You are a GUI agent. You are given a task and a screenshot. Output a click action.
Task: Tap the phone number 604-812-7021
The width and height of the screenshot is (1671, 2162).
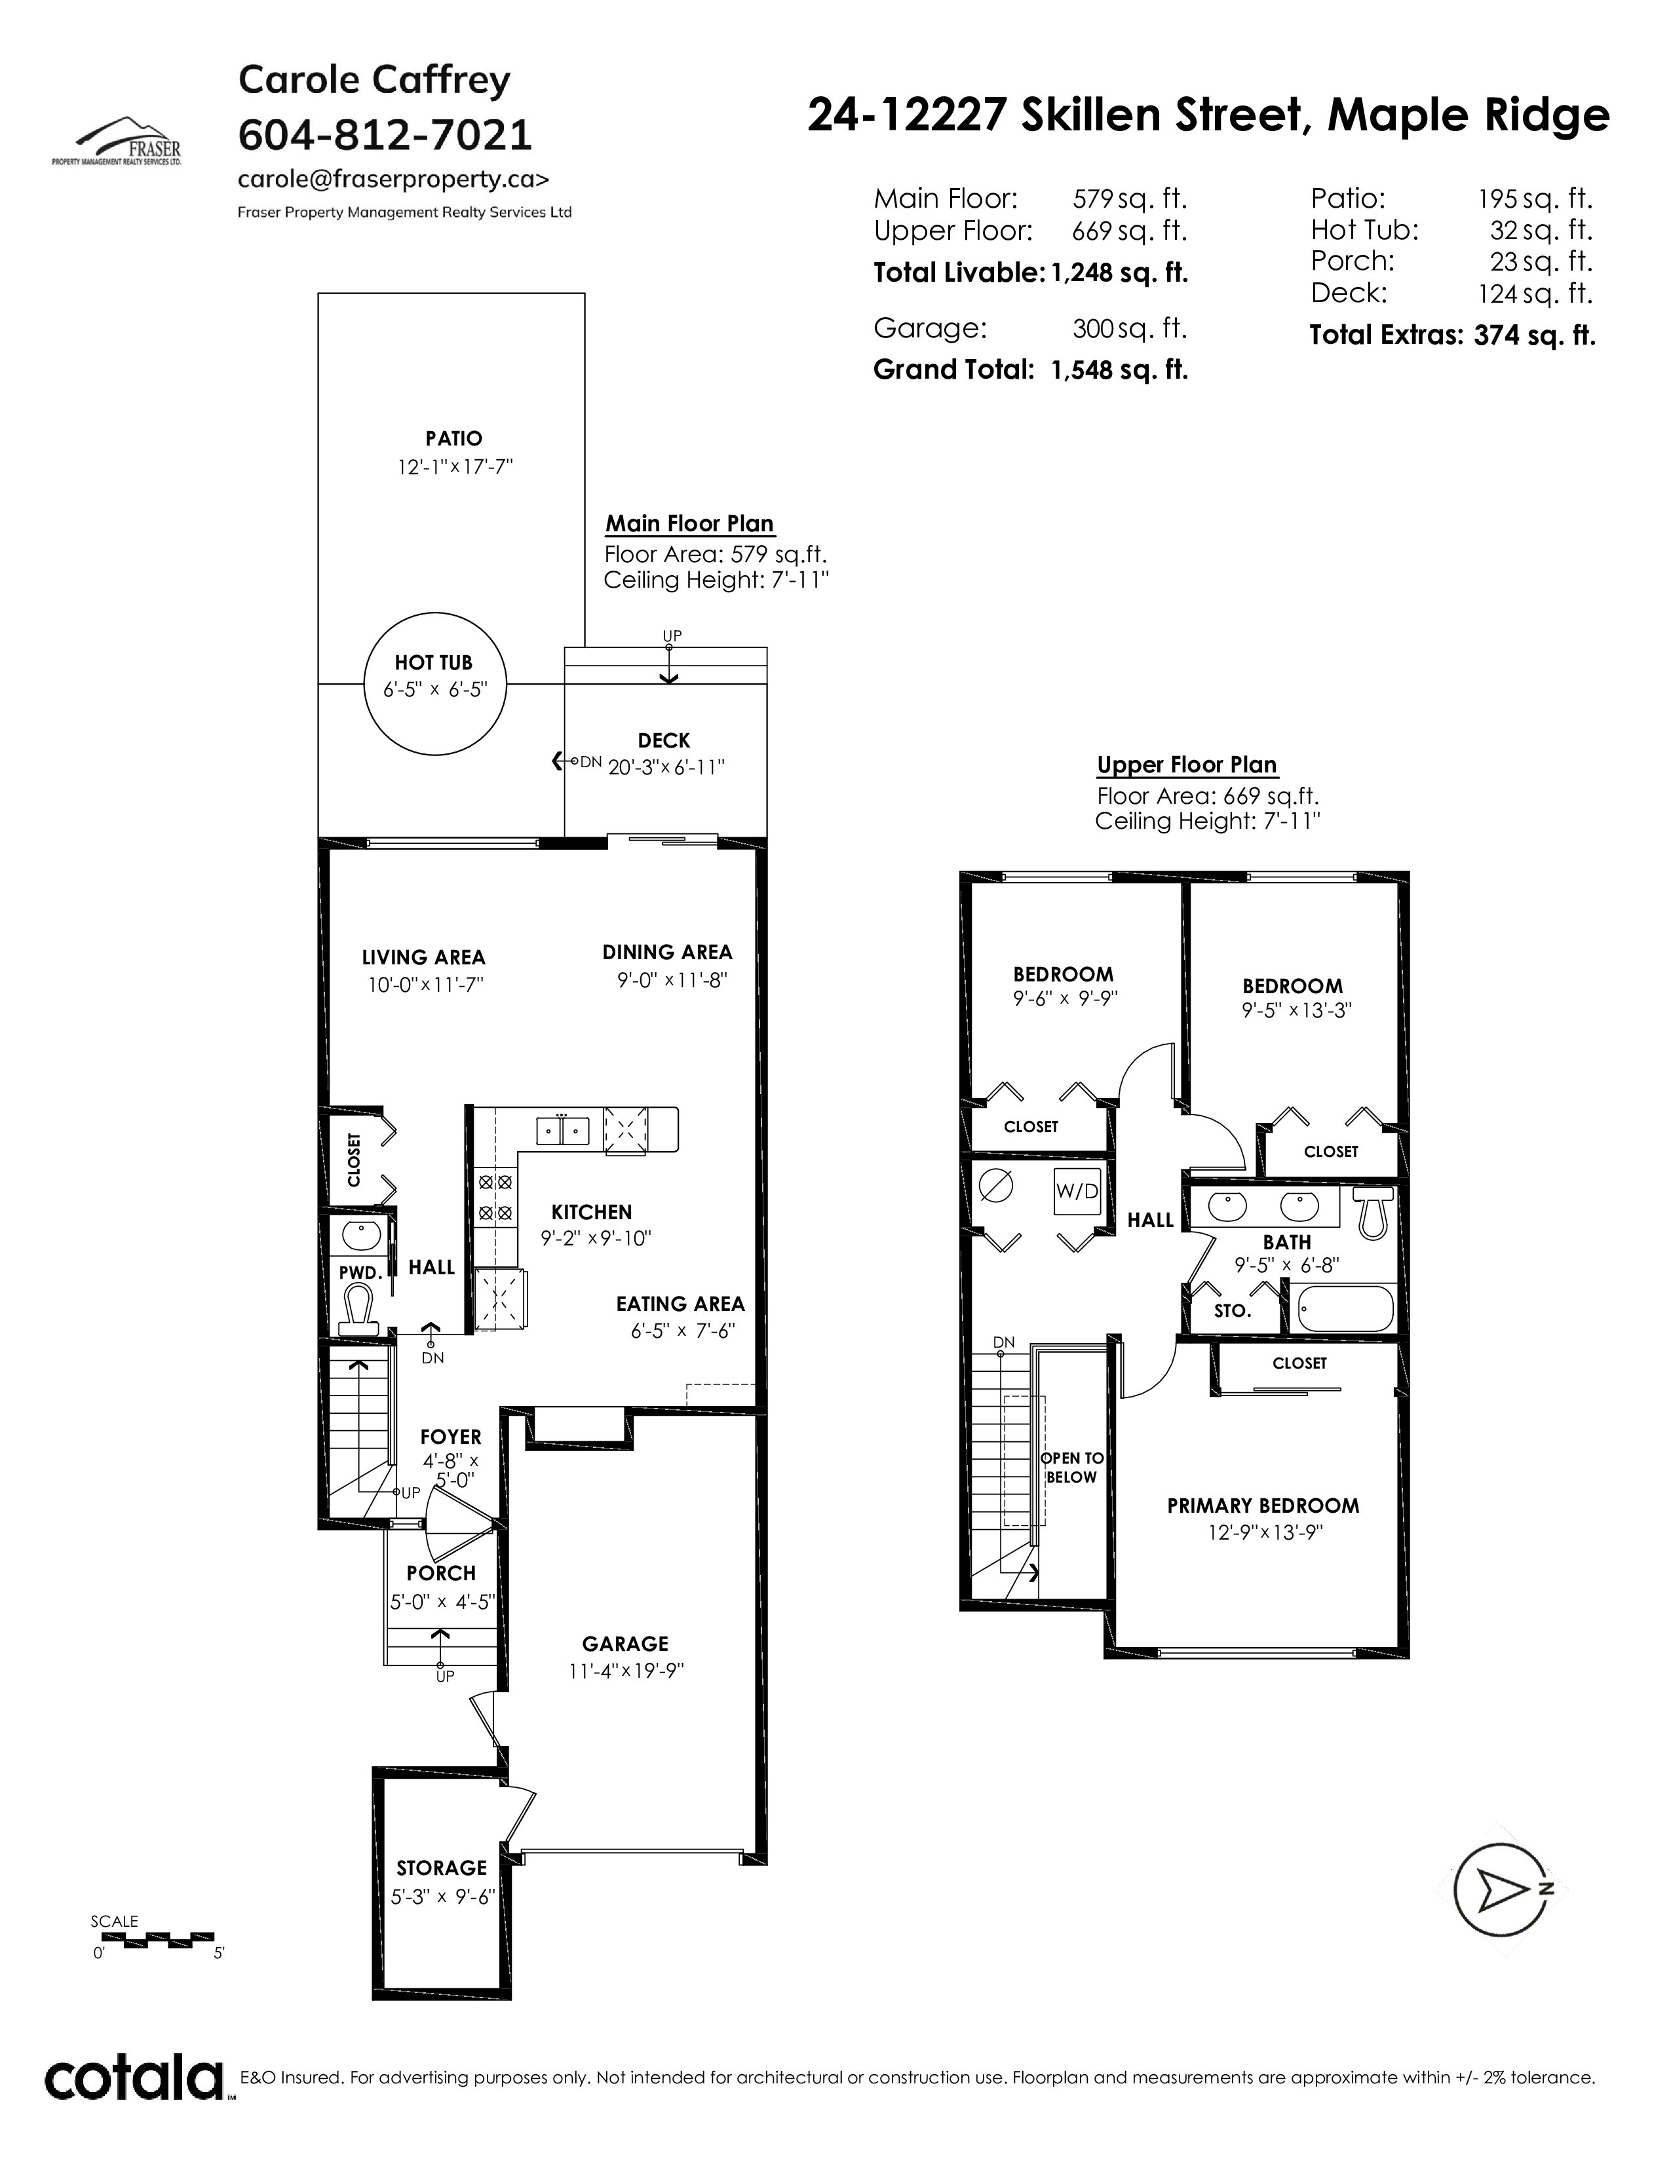(385, 134)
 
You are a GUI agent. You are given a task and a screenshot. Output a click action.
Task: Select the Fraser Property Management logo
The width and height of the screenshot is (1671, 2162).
(117, 141)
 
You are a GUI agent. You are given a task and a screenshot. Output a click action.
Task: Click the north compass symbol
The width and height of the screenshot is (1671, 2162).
(1503, 1891)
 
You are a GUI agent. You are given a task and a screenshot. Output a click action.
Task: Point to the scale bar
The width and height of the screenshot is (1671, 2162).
(153, 1936)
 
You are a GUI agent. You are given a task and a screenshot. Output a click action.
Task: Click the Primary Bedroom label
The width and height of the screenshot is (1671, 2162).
(1263, 1506)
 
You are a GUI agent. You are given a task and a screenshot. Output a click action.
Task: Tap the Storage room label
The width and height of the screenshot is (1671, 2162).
(442, 1868)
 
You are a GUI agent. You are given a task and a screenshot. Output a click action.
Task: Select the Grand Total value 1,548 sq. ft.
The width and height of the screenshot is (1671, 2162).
(1119, 370)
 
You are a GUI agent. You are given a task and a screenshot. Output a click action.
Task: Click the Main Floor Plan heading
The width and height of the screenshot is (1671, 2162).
(690, 523)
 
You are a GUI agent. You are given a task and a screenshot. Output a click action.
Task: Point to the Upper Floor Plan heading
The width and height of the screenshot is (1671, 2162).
(1187, 765)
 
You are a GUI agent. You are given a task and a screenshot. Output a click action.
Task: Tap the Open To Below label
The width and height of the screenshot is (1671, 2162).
(1072, 1468)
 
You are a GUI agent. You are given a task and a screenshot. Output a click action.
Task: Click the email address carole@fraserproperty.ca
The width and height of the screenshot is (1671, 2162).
(393, 179)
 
